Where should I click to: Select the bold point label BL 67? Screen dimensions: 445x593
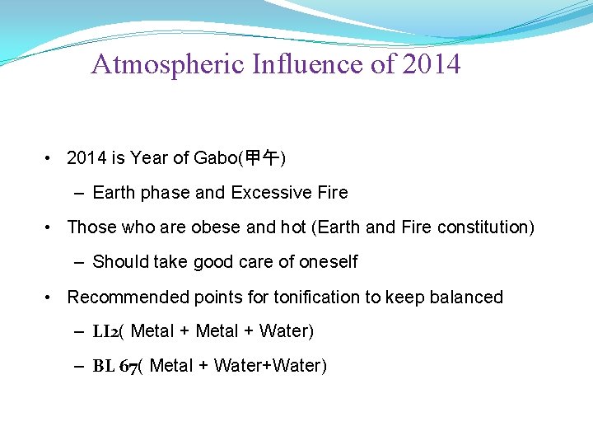tap(114, 366)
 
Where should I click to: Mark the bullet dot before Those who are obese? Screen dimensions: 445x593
tap(51, 227)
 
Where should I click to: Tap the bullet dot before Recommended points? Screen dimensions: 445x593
tap(51, 297)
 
